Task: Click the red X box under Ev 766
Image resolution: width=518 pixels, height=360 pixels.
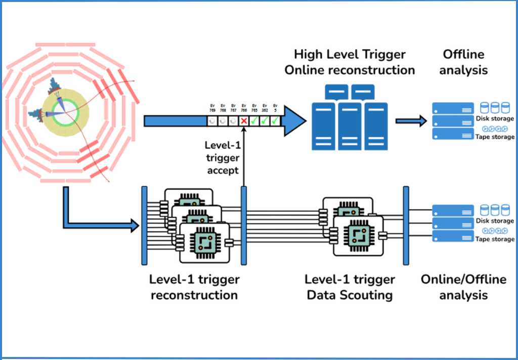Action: click(244, 122)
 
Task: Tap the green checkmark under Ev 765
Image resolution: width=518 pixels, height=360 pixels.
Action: click(254, 122)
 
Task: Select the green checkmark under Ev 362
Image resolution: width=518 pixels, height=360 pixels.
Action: click(265, 122)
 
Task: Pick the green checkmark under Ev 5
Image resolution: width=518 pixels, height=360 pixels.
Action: click(275, 122)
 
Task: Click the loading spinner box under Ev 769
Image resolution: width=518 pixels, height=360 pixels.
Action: click(212, 122)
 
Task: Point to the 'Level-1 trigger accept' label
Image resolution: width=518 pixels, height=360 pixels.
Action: click(222, 157)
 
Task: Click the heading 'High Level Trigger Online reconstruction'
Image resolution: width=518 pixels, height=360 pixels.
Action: click(350, 62)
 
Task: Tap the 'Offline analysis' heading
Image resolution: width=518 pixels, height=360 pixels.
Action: click(463, 62)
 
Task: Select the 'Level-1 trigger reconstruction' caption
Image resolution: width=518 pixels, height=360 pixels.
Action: click(194, 287)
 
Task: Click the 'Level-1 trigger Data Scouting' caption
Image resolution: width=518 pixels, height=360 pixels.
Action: click(350, 287)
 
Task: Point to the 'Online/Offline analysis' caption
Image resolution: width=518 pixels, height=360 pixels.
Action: click(463, 287)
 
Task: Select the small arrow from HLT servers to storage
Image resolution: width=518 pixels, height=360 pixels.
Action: click(410, 121)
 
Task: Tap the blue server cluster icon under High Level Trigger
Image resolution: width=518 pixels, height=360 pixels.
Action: click(350, 119)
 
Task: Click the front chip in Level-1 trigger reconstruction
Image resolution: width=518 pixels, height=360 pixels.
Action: click(204, 242)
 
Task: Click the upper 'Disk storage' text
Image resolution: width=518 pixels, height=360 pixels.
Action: click(495, 118)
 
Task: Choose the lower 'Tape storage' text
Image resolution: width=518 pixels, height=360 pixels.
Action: click(495, 239)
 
